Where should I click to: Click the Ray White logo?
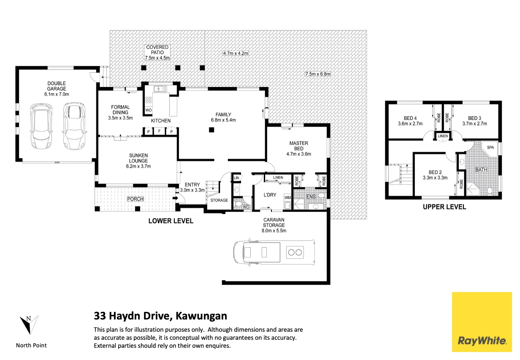pos(482,322)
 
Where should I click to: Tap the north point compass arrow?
pos(29,325)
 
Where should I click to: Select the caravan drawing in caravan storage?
pos(274,252)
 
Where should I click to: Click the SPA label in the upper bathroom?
pos(490,147)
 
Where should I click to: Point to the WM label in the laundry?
pos(287,198)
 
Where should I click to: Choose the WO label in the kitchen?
pos(148,110)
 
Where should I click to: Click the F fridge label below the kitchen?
pos(159,131)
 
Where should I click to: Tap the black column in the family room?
pos(211,130)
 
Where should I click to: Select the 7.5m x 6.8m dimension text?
pos(317,74)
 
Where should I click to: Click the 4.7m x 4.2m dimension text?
pos(236,53)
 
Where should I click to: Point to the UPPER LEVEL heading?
pos(444,207)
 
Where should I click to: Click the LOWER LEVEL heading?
pos(171,221)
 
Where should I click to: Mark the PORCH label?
pos(135,199)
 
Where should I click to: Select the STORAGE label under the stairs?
pos(219,200)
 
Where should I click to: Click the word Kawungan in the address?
pos(201,316)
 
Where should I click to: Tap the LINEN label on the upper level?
pos(442,136)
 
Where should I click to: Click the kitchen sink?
pos(160,89)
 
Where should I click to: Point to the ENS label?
pos(311,197)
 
